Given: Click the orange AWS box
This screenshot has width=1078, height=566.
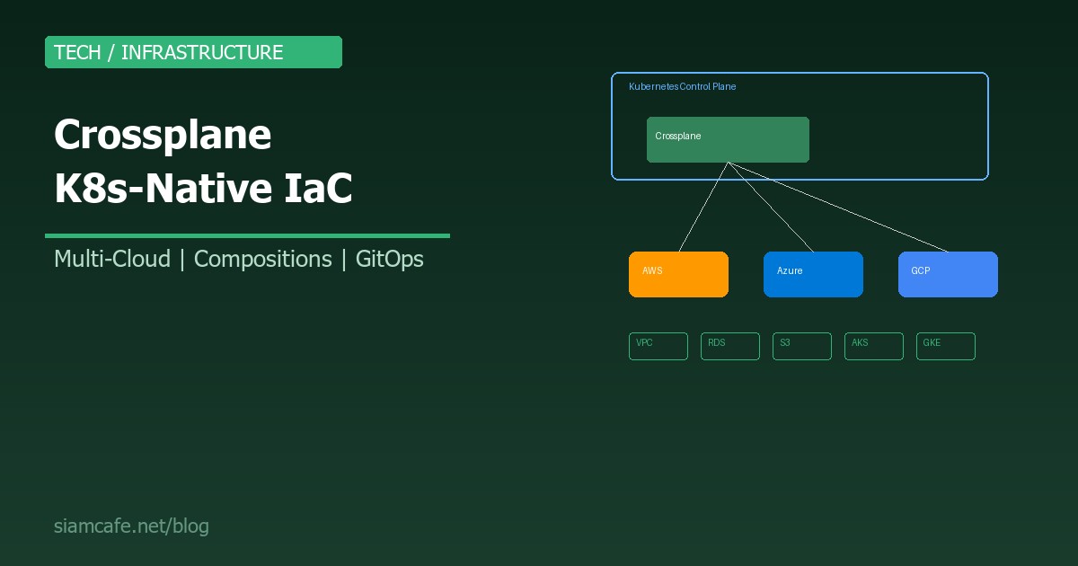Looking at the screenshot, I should click(x=678, y=274).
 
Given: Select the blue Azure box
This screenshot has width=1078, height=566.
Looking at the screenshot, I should click(x=813, y=274).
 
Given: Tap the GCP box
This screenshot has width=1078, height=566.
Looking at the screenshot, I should click(x=948, y=274).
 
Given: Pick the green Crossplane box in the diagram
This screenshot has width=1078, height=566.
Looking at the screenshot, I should click(x=728, y=139).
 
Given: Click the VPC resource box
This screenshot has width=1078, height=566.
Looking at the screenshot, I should click(x=658, y=346).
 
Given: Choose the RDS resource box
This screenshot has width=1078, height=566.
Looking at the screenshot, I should click(x=730, y=346).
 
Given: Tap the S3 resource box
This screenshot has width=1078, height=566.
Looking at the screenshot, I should click(x=802, y=346).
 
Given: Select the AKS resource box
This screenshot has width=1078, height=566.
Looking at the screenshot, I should click(x=874, y=346).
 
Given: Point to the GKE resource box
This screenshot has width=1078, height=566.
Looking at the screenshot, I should click(x=946, y=346).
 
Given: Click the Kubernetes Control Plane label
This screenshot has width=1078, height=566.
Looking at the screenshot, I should click(x=682, y=87).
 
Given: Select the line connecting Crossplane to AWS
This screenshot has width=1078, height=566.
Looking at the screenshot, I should click(x=703, y=207).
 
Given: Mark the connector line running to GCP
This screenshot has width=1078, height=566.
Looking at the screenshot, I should click(x=837, y=207).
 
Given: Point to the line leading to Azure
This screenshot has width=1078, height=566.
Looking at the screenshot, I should click(x=770, y=207).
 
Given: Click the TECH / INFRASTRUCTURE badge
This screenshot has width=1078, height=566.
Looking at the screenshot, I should click(x=193, y=52).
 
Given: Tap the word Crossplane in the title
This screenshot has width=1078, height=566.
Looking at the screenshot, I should click(x=163, y=135).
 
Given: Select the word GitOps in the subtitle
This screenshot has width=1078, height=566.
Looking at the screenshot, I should click(x=390, y=259).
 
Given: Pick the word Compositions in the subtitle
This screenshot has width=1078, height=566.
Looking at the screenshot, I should click(x=262, y=259).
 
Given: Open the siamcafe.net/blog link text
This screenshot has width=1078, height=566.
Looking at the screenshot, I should click(x=131, y=526).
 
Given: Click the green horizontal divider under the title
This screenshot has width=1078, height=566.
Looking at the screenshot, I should click(x=247, y=235).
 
